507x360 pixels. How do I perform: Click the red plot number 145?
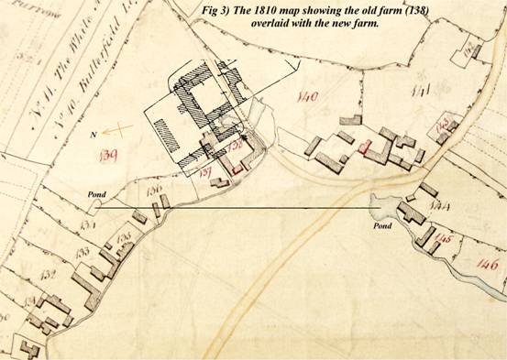446,240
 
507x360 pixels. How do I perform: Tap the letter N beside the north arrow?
94,134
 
